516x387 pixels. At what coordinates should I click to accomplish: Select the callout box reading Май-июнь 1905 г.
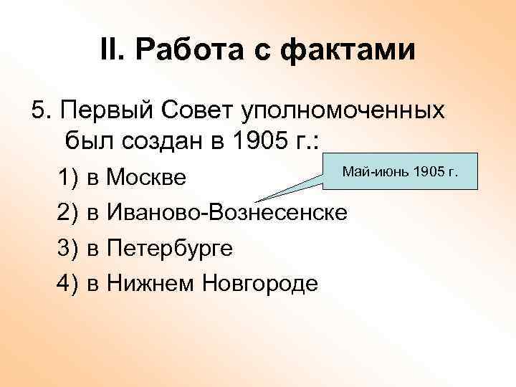pyautogui.click(x=401, y=173)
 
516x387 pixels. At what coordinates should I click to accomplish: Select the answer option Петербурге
pyautogui.click(x=169, y=248)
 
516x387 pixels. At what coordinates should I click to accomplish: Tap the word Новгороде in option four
pyautogui.click(x=260, y=284)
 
